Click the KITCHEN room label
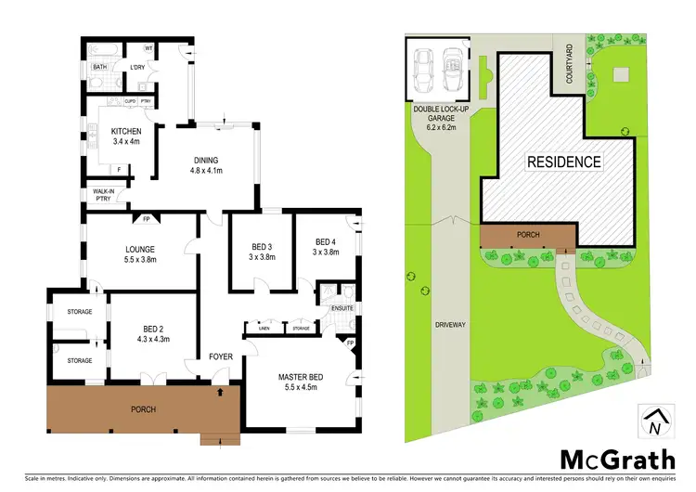coord(125,131)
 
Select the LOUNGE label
coord(139,249)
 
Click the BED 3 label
coord(263,247)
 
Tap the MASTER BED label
coord(299,376)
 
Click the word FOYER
coord(220,356)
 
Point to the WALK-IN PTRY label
coord(103,194)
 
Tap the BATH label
coord(99,67)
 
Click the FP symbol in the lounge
coord(146,219)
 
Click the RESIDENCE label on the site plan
coord(564,162)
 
